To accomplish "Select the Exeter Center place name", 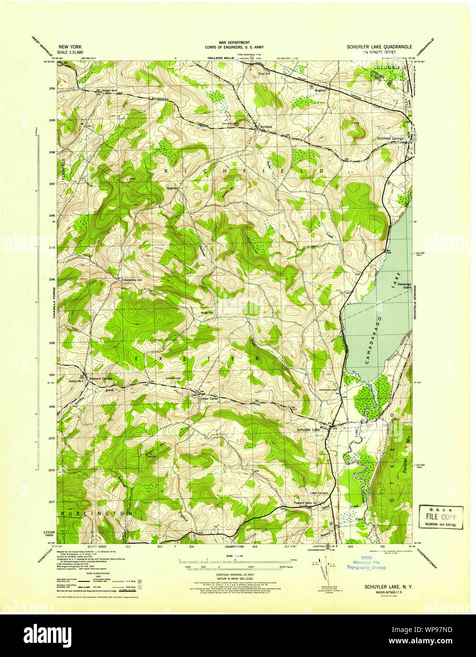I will coord(209,399).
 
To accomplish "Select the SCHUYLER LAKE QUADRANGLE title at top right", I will coord(379,47).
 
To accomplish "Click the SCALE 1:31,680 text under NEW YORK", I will coord(70,52).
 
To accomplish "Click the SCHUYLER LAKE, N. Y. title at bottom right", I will coord(388,587).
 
